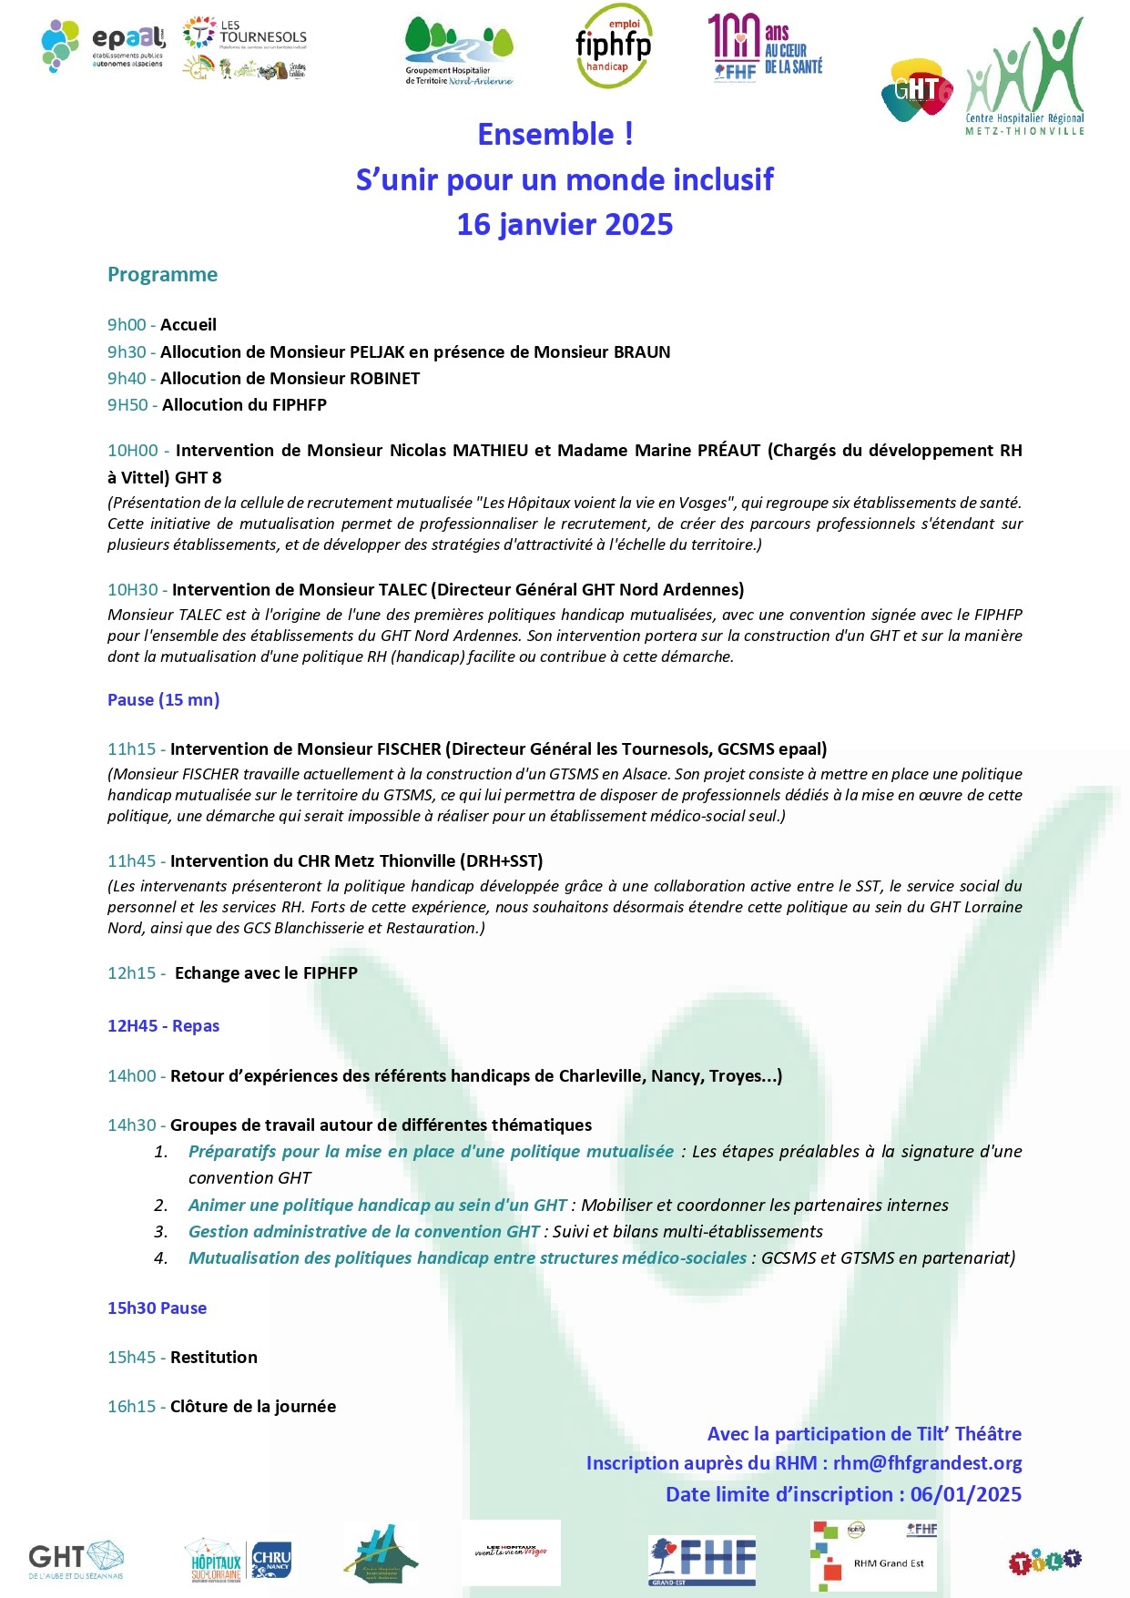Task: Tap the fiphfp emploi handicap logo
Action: click(x=614, y=46)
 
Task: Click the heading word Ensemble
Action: click(x=545, y=135)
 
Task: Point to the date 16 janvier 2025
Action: click(x=565, y=224)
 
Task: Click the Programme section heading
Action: click(x=162, y=275)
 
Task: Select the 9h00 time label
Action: click(x=126, y=325)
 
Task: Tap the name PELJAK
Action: click(x=377, y=352)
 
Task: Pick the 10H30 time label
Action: click(x=133, y=590)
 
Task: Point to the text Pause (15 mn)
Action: click(x=164, y=700)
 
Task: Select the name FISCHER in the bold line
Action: click(x=409, y=749)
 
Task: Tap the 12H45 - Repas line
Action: click(x=164, y=1026)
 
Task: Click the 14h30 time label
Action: click(x=132, y=1125)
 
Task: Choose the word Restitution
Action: click(x=214, y=1358)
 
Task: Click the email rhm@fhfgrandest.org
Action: click(x=927, y=1463)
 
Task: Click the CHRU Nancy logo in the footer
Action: click(x=271, y=1561)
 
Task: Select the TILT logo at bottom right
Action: click(x=1044, y=1562)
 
